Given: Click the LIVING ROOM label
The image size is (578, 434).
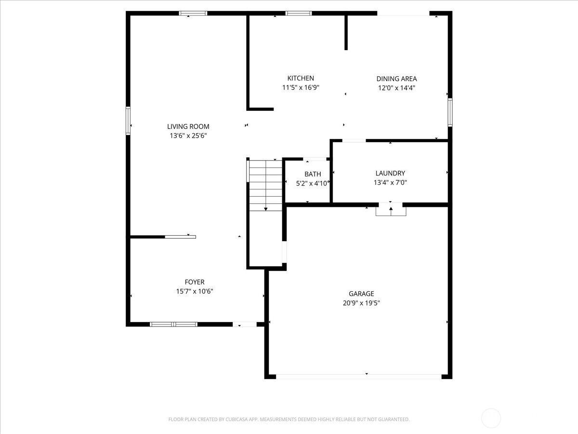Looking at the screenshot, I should [188, 126].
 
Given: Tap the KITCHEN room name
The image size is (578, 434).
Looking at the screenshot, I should [301, 78].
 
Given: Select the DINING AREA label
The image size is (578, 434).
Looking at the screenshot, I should [396, 79].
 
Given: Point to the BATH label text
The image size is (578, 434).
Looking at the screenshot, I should [313, 174].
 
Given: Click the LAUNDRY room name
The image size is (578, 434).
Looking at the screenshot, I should [390, 173].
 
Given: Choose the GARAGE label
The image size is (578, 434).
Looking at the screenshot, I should [361, 294].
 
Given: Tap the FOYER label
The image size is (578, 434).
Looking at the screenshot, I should [195, 282].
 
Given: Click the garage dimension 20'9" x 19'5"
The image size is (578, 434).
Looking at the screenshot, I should [361, 303].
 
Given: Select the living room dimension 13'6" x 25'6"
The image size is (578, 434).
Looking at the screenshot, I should [188, 136].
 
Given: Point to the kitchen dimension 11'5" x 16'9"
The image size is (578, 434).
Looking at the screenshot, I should [301, 88].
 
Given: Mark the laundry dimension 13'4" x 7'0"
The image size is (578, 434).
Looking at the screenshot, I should [390, 183].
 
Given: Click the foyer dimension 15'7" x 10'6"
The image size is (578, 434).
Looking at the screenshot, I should [195, 291].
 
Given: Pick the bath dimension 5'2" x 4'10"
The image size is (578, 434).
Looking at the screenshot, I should [313, 183].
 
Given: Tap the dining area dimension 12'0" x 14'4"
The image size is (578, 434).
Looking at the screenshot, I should [396, 88].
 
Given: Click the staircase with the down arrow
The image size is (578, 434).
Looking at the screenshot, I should [265, 185].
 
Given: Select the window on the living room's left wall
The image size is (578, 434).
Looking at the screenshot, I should [129, 120].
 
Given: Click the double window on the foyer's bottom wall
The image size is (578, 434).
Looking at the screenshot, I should [173, 325].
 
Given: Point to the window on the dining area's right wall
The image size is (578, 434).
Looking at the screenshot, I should [450, 112].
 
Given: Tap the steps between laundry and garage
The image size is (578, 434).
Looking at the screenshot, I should [391, 211].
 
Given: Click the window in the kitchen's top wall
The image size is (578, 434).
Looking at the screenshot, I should [299, 14].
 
